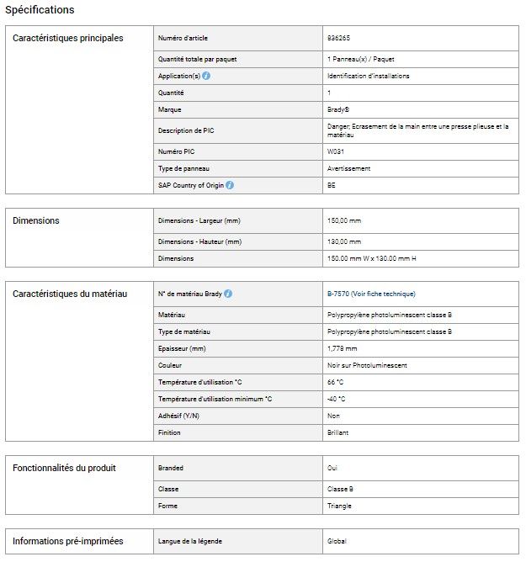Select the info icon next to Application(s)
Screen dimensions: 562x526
pyautogui.click(x=206, y=76)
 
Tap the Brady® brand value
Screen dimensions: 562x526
pyautogui.click(x=337, y=109)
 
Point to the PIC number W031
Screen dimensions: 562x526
pyautogui.click(x=335, y=151)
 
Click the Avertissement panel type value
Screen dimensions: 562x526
pyautogui.click(x=348, y=168)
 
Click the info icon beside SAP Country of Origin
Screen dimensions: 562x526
pyautogui.click(x=230, y=185)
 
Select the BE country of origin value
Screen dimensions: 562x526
pyautogui.click(x=331, y=185)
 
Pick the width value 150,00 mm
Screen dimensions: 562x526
pyautogui.click(x=344, y=220)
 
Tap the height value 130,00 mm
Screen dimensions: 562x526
pyautogui.click(x=344, y=241)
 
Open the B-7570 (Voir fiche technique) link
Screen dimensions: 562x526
pyautogui.click(x=371, y=294)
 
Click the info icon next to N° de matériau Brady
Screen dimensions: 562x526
pyautogui.click(x=228, y=294)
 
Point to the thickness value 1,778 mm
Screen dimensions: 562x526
pyautogui.click(x=342, y=348)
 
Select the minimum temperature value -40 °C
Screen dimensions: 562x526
pyautogui.click(x=337, y=399)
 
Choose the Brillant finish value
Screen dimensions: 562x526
pyautogui.click(x=337, y=432)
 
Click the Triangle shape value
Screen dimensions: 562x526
pyautogui.click(x=339, y=506)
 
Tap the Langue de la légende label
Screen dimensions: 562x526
pyautogui.click(x=190, y=541)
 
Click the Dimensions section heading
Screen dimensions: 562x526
pyautogui.click(x=36, y=220)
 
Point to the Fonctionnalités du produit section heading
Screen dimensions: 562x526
pyautogui.click(x=64, y=468)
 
